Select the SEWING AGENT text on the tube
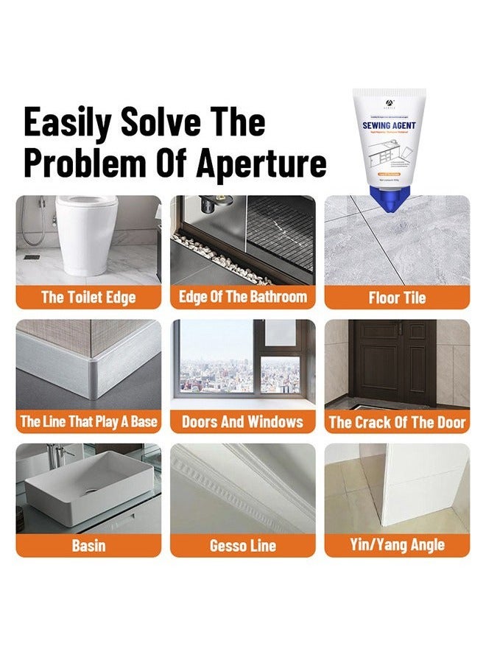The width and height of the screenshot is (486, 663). click(389, 126)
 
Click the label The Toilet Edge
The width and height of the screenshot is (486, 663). click(88, 298)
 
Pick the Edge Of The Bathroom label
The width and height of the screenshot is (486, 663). click(243, 297)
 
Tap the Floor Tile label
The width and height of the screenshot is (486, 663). click(397, 298)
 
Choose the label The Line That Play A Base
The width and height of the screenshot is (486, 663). click(88, 421)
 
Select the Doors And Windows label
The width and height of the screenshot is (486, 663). click(243, 421)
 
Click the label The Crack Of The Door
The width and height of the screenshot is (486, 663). click(397, 421)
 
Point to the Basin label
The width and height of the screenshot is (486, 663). click(88, 546)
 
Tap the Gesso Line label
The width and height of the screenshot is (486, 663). click(243, 546)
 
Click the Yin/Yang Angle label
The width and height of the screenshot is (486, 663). click(397, 546)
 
